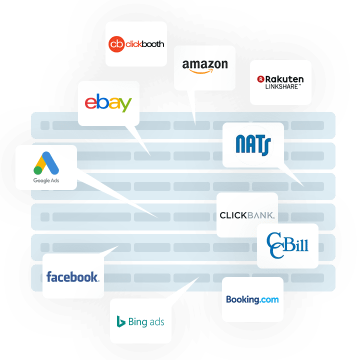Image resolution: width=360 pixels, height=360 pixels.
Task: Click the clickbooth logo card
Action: [136, 44]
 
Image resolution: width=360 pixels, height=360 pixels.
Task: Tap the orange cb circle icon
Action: [115, 44]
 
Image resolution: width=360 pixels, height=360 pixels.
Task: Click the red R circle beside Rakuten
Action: [260, 79]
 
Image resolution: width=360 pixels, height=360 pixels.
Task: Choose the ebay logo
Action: [108, 103]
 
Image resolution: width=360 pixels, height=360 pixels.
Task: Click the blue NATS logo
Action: [253, 144]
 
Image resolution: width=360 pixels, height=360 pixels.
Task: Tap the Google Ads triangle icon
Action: [46, 162]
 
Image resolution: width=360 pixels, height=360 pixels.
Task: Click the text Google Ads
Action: [46, 180]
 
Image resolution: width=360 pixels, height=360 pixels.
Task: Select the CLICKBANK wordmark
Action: [247, 215]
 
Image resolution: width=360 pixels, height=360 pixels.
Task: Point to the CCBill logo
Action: [287, 244]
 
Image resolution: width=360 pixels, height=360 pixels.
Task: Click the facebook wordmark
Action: [72, 276]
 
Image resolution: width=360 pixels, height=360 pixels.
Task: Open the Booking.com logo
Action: [252, 299]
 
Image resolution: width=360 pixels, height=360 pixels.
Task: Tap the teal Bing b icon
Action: [120, 321]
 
